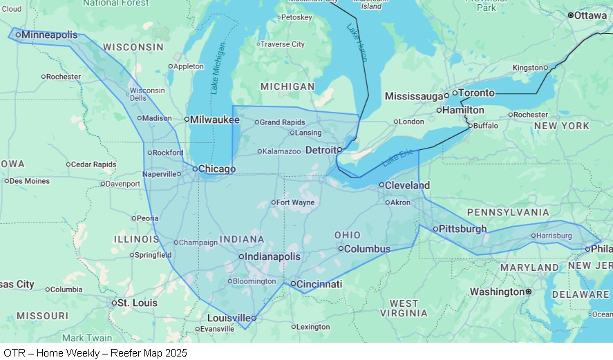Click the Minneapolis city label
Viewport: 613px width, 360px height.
pos(49,35)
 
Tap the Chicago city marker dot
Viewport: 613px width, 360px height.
pos(195,169)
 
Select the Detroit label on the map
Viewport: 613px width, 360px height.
pos(321,149)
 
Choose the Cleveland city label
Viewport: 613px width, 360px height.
pos(407,185)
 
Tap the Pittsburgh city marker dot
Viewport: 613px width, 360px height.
pos(435,229)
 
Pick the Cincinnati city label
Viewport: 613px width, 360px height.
pos(319,284)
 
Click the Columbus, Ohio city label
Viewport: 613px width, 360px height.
pos(367,249)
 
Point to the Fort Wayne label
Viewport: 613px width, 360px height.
pos(295,202)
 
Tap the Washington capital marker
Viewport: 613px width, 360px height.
pos(529,292)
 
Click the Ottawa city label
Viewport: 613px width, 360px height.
pos(590,15)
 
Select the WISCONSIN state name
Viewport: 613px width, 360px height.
pos(133,47)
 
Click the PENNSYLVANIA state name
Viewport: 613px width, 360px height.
pos(508,212)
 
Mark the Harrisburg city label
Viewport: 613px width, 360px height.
pos(554,236)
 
